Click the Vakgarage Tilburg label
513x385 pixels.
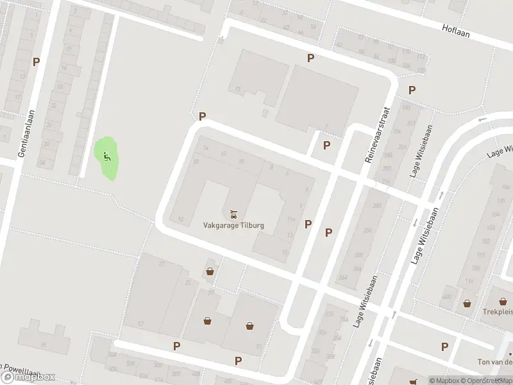[x=233, y=226]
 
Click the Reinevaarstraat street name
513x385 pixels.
[x=378, y=133]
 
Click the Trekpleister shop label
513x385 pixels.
[x=498, y=312]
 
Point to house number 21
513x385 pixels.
[x=162, y=264]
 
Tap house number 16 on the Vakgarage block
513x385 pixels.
[x=181, y=220]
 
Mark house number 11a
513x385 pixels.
[x=290, y=220]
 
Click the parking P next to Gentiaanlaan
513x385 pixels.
[x=37, y=62]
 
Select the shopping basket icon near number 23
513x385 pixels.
[x=210, y=272]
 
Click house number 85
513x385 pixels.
[x=44, y=346]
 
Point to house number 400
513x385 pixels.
[x=446, y=296]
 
